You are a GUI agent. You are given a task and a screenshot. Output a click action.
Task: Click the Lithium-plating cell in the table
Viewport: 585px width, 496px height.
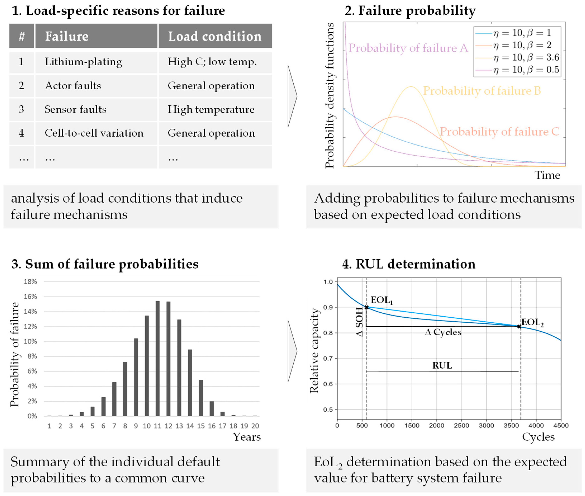(x=84, y=62)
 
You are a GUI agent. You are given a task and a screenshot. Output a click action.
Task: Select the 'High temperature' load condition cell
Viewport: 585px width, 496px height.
(x=211, y=109)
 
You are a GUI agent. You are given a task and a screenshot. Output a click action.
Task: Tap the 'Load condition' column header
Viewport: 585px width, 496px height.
(x=215, y=36)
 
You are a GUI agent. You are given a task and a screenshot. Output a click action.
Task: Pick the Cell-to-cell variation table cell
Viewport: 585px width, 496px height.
(x=94, y=133)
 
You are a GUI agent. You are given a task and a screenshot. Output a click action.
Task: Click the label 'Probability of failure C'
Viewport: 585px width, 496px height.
(x=500, y=132)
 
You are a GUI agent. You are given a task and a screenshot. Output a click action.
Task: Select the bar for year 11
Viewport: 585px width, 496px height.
(x=157, y=359)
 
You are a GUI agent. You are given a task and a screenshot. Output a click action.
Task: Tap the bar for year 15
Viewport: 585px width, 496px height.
(x=201, y=398)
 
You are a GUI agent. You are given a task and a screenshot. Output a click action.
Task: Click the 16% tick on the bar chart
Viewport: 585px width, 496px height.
(x=30, y=297)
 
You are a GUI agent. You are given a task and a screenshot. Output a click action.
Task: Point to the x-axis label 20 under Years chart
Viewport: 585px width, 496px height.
(x=255, y=426)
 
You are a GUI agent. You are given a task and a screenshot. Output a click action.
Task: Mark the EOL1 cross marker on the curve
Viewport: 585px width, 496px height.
(x=367, y=307)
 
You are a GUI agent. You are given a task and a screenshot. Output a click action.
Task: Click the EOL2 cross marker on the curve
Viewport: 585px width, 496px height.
(x=519, y=326)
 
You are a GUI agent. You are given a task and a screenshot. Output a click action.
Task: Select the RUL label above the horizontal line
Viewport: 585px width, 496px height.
(x=442, y=366)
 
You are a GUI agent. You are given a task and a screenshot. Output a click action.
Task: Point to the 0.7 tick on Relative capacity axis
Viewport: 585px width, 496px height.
(x=328, y=359)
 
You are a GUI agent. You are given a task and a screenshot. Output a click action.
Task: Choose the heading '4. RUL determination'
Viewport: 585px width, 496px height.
(x=408, y=264)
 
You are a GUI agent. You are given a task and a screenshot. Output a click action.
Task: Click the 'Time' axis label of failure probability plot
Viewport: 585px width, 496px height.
(x=547, y=175)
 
